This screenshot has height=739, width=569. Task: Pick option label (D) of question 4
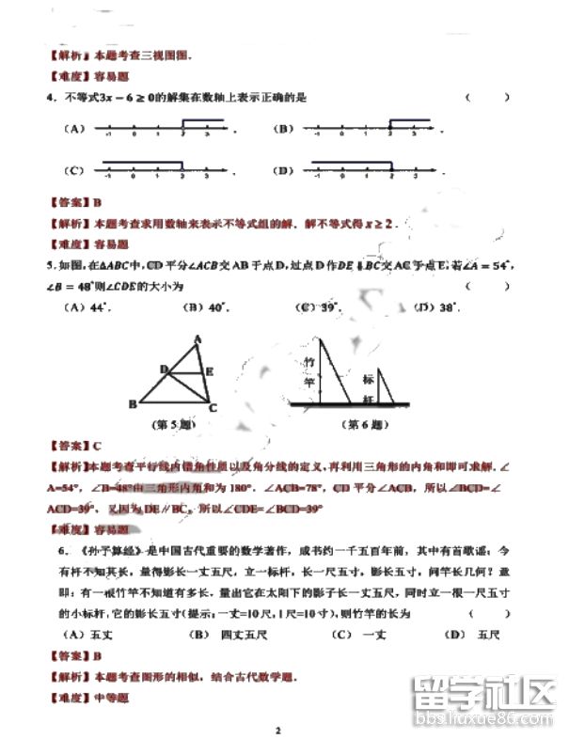click(x=282, y=170)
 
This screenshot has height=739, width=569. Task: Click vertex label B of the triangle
click(x=133, y=405)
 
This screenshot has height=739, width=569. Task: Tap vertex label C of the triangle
click(x=213, y=408)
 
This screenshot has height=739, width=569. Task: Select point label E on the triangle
click(x=209, y=372)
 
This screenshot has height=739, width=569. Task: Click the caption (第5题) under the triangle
click(x=173, y=425)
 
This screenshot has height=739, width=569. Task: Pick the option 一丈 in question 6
click(x=373, y=635)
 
